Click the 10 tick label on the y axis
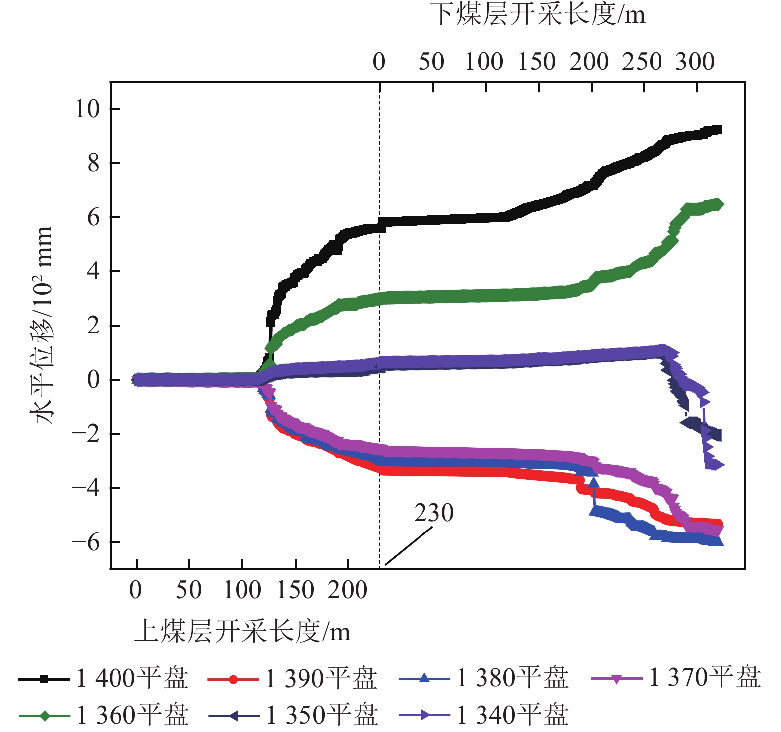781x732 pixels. tap(87, 109)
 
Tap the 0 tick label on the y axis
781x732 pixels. tap(93, 380)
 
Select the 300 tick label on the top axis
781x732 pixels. tap(695, 62)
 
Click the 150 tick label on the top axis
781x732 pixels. tap(537, 62)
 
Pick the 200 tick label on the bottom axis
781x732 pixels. tap(348, 590)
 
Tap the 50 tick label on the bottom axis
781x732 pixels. tap(189, 590)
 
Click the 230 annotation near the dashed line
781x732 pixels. tap(434, 513)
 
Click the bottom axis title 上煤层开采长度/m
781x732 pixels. tap(242, 632)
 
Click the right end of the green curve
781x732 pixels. tap(719, 204)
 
